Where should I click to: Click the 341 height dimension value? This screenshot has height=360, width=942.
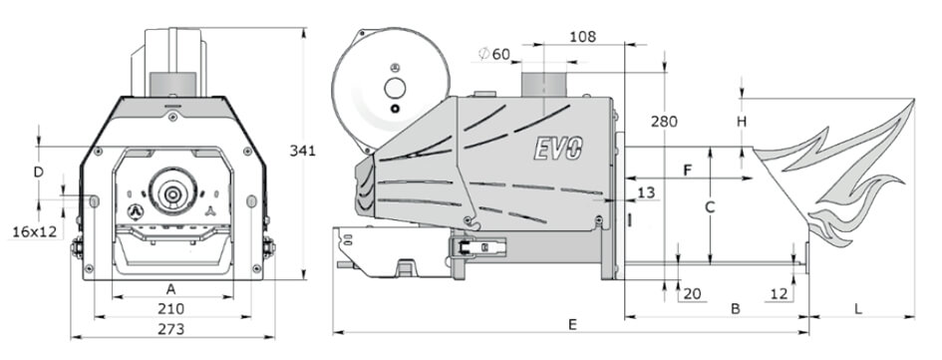pos(302,151)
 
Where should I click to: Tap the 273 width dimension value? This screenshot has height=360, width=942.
pos(171,329)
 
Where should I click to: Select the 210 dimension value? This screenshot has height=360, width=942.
pos(171,309)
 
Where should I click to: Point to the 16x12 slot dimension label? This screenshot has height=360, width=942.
pos(34,231)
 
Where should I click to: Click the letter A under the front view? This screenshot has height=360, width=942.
pos(171,289)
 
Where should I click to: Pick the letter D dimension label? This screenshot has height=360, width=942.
pos(39,173)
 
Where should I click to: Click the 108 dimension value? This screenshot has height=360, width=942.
pos(583,37)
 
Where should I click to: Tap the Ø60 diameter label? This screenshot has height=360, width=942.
pos(494,54)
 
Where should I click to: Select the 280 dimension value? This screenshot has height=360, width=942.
pos(665,122)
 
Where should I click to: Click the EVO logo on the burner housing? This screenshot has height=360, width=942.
pos(558,148)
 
